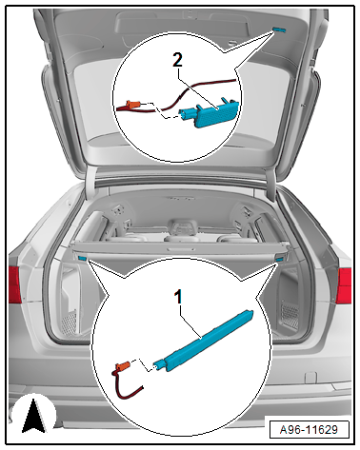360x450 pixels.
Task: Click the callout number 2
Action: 177,59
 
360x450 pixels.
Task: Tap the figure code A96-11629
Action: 309,430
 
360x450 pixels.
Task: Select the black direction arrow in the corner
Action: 33,416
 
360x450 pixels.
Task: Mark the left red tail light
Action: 14,284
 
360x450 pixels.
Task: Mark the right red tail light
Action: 344,285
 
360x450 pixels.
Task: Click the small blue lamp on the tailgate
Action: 279,30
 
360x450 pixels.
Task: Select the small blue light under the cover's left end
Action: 82,258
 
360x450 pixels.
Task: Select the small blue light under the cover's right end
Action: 279,260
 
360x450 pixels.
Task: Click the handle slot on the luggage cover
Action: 181,249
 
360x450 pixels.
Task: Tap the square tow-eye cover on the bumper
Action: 310,378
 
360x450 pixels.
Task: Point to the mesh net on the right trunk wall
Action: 290,317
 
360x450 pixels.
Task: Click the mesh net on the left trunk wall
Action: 69,323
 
